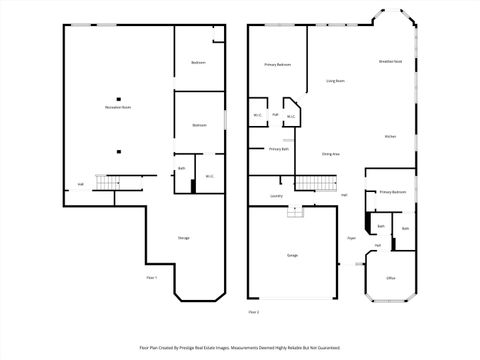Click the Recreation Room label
[x=119, y=107]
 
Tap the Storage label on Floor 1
[x=184, y=237]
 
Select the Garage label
[x=292, y=256]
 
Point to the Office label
[x=391, y=277]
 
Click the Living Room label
[x=336, y=81]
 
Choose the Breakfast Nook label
[x=391, y=62]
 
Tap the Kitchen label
[x=391, y=136]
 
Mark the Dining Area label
[x=330, y=154]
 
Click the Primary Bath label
[x=279, y=149]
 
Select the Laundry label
[x=276, y=196]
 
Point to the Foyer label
[x=351, y=238]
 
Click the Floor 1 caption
[x=152, y=277]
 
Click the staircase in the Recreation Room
[x=107, y=182]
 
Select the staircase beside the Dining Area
[x=317, y=182]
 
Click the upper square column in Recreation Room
[x=118, y=98]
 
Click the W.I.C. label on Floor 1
[x=210, y=177]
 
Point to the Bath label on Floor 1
[x=181, y=168]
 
